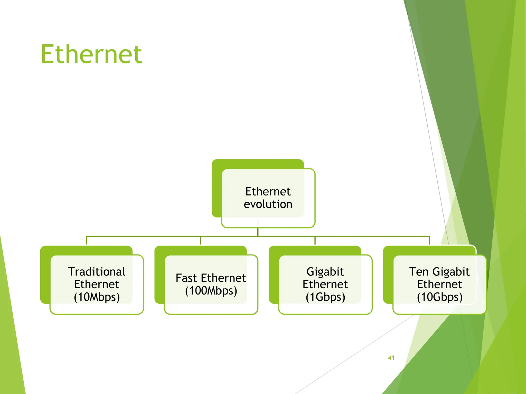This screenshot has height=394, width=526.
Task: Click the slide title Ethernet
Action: (x=91, y=54)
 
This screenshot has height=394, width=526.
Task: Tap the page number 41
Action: (x=391, y=358)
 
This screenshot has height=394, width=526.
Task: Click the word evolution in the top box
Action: (x=268, y=204)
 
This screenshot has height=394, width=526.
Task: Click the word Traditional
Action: (x=97, y=272)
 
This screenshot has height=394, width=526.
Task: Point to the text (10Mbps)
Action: (x=97, y=297)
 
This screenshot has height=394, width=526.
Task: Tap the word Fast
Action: (x=186, y=278)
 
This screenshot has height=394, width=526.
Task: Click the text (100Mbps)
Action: (x=211, y=291)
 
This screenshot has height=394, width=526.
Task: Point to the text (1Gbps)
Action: (x=325, y=297)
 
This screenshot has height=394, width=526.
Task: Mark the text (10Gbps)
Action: (x=439, y=297)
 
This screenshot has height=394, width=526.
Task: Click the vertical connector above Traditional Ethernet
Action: (x=86, y=241)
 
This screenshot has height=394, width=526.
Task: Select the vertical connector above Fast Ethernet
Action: (x=201, y=241)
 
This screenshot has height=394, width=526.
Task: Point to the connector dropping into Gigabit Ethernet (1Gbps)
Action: (x=315, y=241)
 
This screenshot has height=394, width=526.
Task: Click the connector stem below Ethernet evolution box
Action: (x=258, y=232)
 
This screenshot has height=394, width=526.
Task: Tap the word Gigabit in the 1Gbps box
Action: (x=325, y=272)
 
